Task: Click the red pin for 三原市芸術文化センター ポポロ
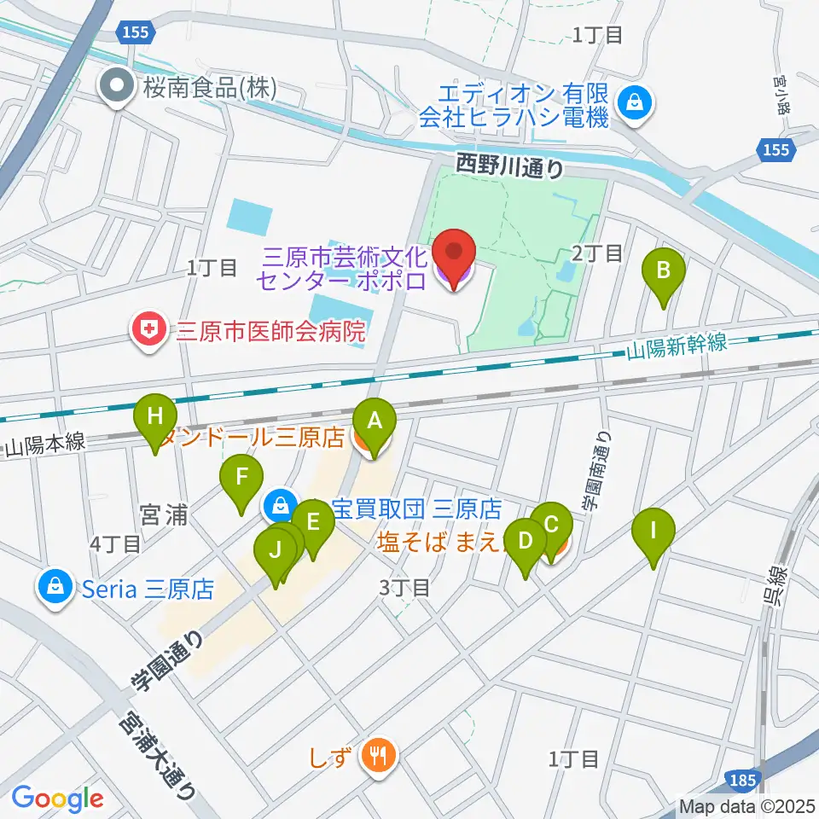click(x=454, y=258)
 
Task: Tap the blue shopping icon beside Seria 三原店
click(x=55, y=587)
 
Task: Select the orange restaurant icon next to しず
click(x=375, y=754)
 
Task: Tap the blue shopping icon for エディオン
click(x=635, y=102)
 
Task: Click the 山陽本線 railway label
click(x=45, y=446)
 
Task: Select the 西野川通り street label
click(x=509, y=165)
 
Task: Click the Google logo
click(x=57, y=799)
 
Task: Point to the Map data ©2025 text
click(x=747, y=804)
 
